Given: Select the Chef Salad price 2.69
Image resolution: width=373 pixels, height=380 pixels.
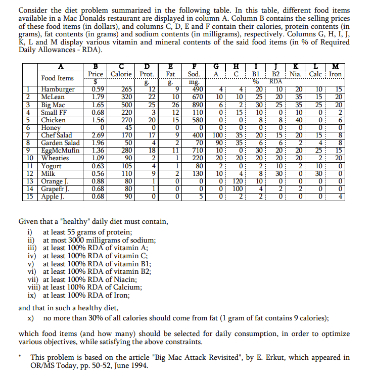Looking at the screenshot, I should pyautogui.click(x=97, y=135).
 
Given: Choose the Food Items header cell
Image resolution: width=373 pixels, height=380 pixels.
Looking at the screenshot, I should pyautogui.click(x=57, y=78).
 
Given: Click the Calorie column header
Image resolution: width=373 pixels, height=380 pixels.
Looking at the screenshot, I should pyautogui.click(x=121, y=74).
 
